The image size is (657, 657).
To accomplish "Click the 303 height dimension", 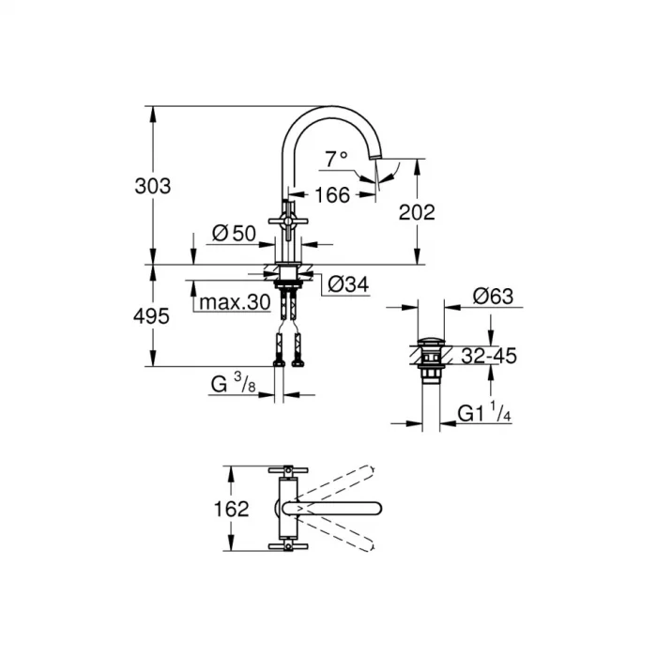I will pos(153,186).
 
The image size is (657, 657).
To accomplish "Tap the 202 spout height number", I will pos(417,212).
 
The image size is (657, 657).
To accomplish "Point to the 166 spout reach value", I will pos(331,194).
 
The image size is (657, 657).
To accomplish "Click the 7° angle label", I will pos(336,160).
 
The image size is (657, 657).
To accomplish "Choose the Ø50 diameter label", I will pos(234,233).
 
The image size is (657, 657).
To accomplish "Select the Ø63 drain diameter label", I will pos(493,297).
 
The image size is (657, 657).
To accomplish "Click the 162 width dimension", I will pos(231,509).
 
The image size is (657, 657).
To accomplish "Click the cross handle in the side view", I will pos(287,218).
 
